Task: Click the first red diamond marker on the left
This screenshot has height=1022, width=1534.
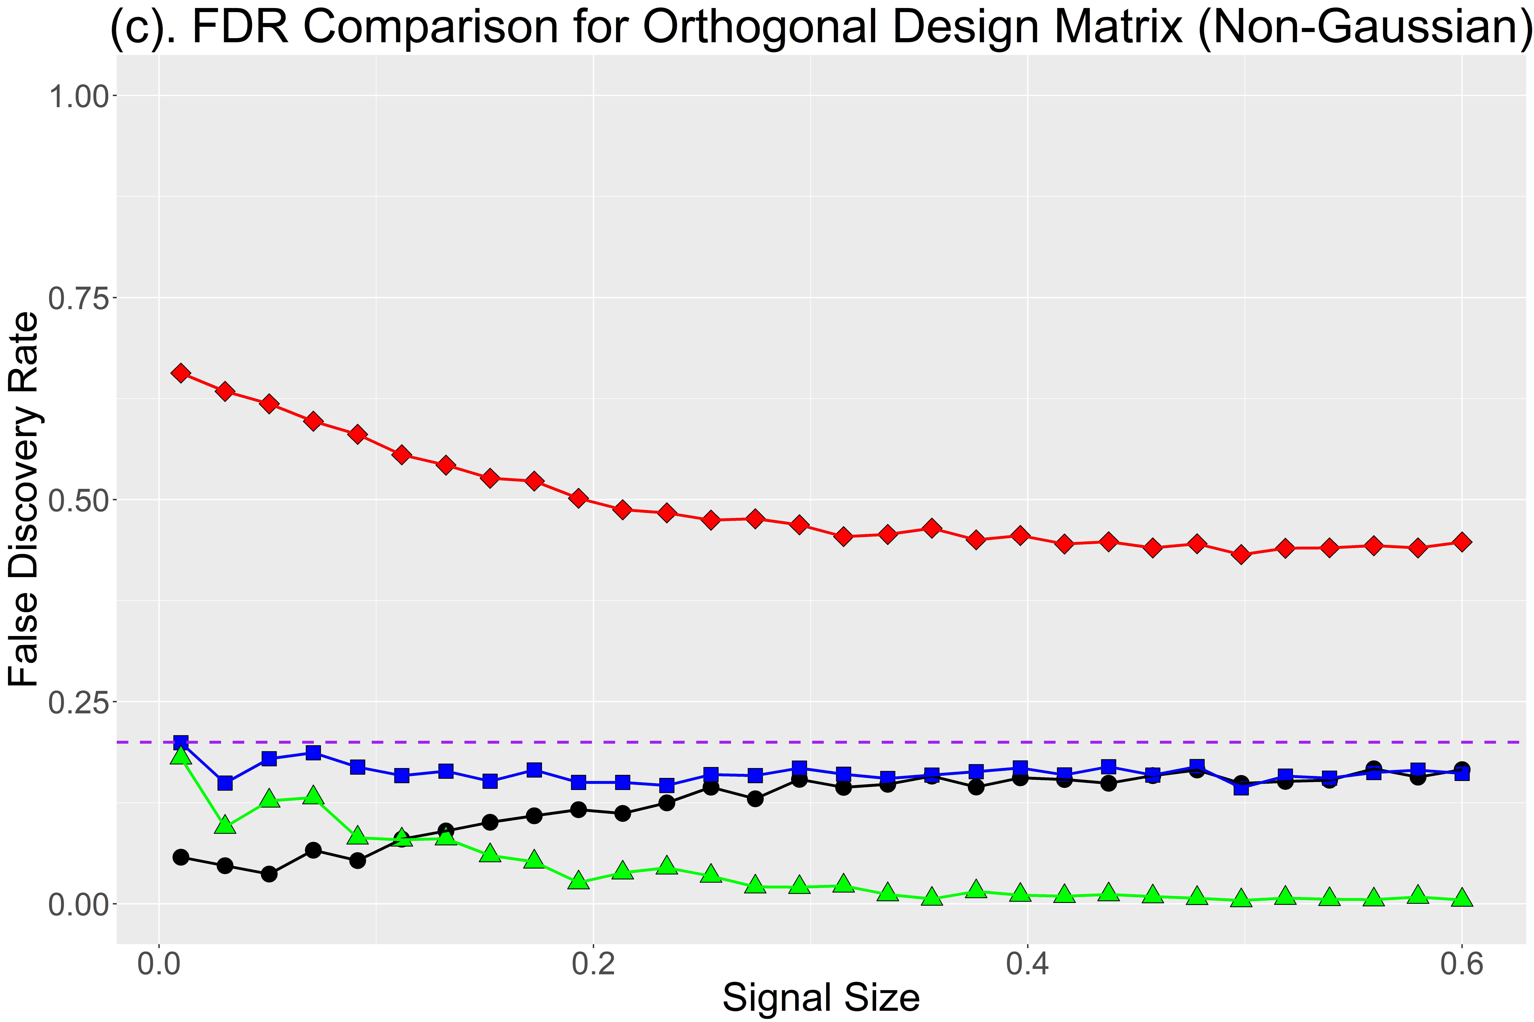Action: [x=181, y=373]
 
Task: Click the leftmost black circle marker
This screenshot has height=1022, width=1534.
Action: [x=181, y=857]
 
